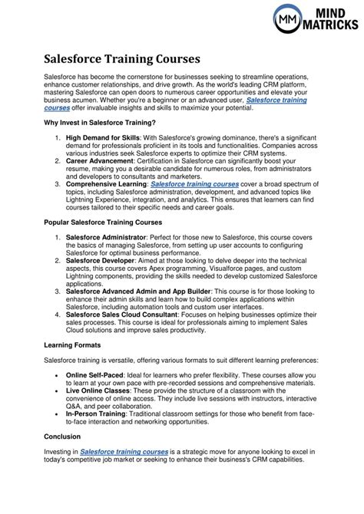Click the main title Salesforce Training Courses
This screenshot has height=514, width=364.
coord(122,58)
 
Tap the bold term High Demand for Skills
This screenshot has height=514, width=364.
coord(103,137)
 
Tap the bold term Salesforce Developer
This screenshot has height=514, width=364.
coord(102,282)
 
